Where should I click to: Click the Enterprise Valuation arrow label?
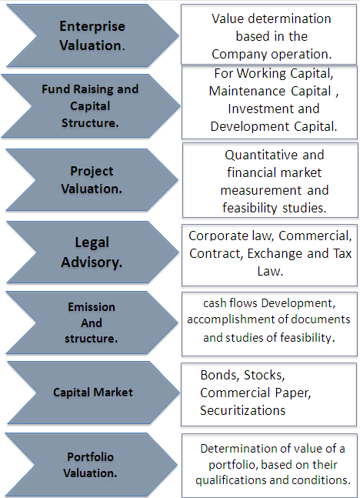point(92,35)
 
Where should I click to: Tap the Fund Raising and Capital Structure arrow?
point(90,105)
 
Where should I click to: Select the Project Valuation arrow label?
point(92,180)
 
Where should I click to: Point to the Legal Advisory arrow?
point(92,252)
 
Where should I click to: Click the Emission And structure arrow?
point(92,323)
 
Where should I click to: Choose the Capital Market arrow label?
point(93,393)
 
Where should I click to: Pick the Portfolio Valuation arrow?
point(91,465)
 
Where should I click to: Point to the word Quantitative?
point(262,155)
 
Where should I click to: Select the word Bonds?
point(219,376)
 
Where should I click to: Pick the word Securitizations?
point(243,410)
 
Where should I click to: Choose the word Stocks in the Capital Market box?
point(264,376)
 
